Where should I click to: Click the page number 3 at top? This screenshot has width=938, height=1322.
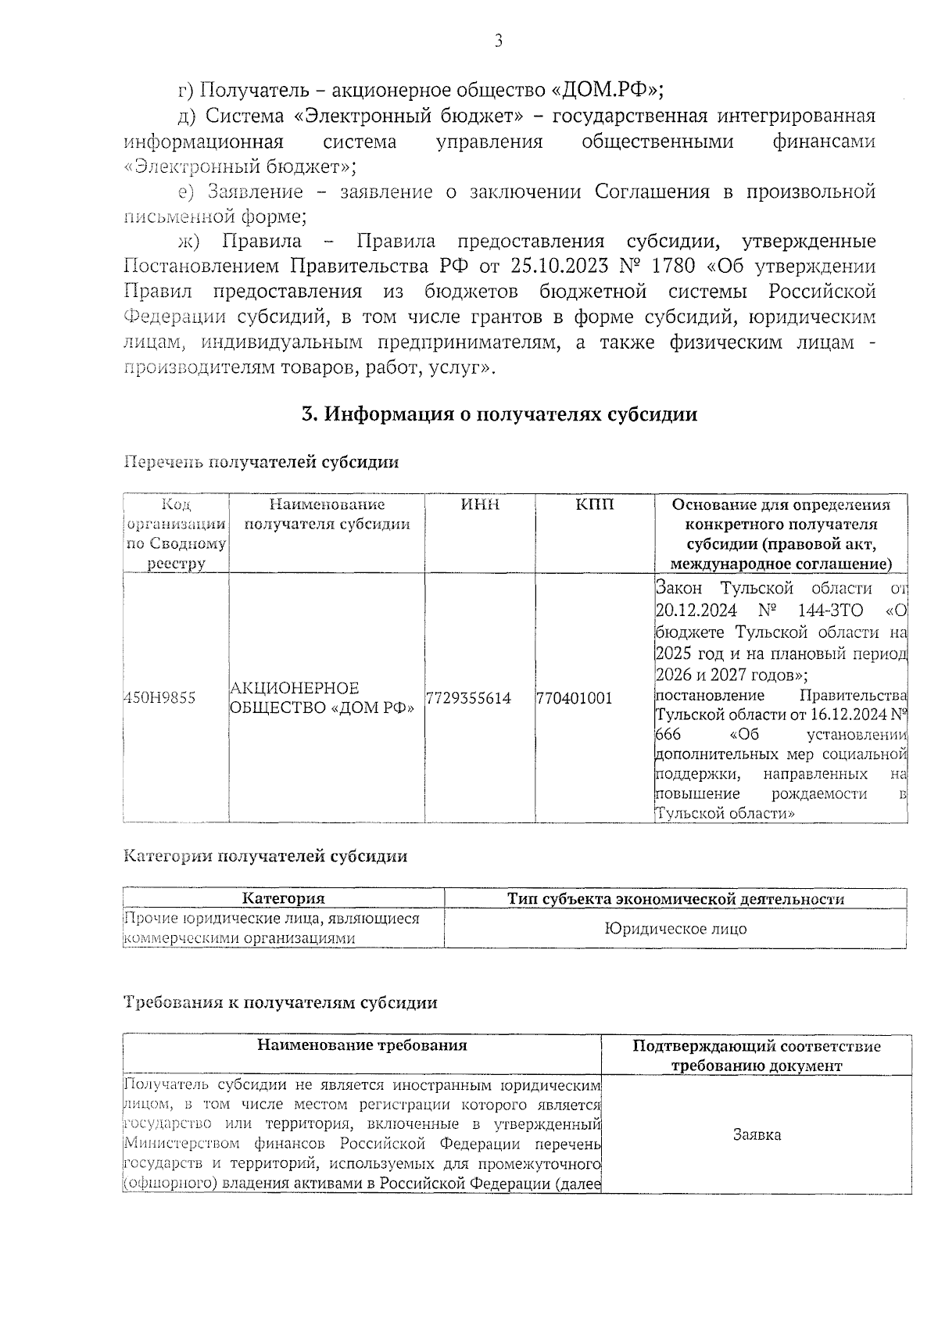click(x=498, y=41)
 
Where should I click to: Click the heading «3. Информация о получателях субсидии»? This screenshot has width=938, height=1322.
click(x=499, y=414)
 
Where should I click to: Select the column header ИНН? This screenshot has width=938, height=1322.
click(x=480, y=505)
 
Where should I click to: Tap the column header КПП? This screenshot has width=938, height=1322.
click(x=595, y=505)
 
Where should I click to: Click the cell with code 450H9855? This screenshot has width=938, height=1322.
click(x=160, y=698)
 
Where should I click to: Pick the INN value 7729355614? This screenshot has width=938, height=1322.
click(x=469, y=698)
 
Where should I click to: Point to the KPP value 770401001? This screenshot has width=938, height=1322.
click(x=574, y=698)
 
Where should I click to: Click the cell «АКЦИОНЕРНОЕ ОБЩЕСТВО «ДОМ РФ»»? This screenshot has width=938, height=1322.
click(x=321, y=698)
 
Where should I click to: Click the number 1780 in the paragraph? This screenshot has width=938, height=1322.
click(x=673, y=267)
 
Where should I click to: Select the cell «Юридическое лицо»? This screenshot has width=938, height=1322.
click(x=675, y=929)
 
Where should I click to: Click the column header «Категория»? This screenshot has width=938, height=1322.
click(x=283, y=899)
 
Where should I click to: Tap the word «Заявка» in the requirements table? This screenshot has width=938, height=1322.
click(x=757, y=1134)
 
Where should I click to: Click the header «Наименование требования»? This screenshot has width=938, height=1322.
click(x=362, y=1045)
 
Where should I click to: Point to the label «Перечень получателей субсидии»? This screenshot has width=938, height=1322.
click(x=262, y=462)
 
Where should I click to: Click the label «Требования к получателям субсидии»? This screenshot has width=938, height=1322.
click(x=281, y=1002)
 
